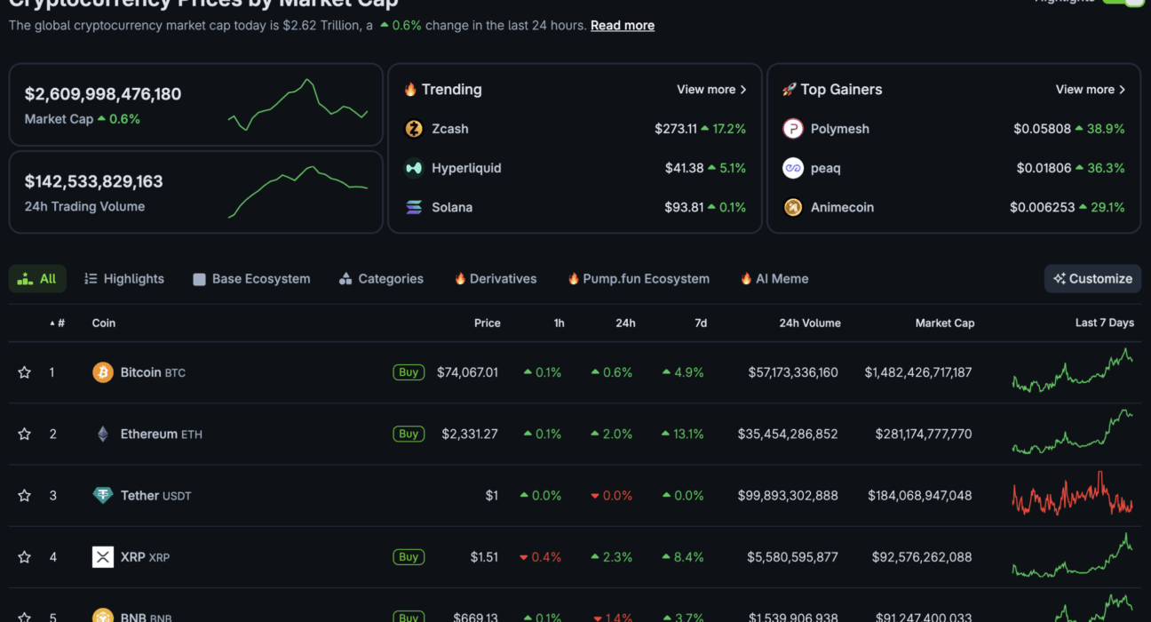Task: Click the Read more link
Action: pyautogui.click(x=622, y=26)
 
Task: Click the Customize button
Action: pyautogui.click(x=1092, y=279)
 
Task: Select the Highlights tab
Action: pyautogui.click(x=124, y=279)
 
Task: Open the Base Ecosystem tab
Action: pyautogui.click(x=251, y=279)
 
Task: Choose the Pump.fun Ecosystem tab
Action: pyautogui.click(x=639, y=279)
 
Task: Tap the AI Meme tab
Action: pyautogui.click(x=774, y=279)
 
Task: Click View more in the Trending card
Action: pyautogui.click(x=711, y=90)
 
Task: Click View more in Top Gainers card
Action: pyautogui.click(x=1090, y=90)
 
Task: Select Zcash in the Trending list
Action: pyautogui.click(x=449, y=129)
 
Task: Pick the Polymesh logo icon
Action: pyautogui.click(x=792, y=129)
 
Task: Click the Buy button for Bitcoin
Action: pyautogui.click(x=409, y=372)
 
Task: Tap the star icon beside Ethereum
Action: pyautogui.click(x=25, y=435)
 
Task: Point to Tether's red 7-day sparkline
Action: pyautogui.click(x=1072, y=496)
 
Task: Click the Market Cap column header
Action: pyautogui.click(x=944, y=323)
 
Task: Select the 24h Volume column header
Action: pyautogui.click(x=809, y=323)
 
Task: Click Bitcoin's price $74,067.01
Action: pyautogui.click(x=467, y=373)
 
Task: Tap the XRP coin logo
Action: pyautogui.click(x=103, y=557)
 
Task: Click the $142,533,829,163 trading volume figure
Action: pyautogui.click(x=94, y=182)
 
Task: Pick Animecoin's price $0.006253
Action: pyautogui.click(x=1041, y=208)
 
